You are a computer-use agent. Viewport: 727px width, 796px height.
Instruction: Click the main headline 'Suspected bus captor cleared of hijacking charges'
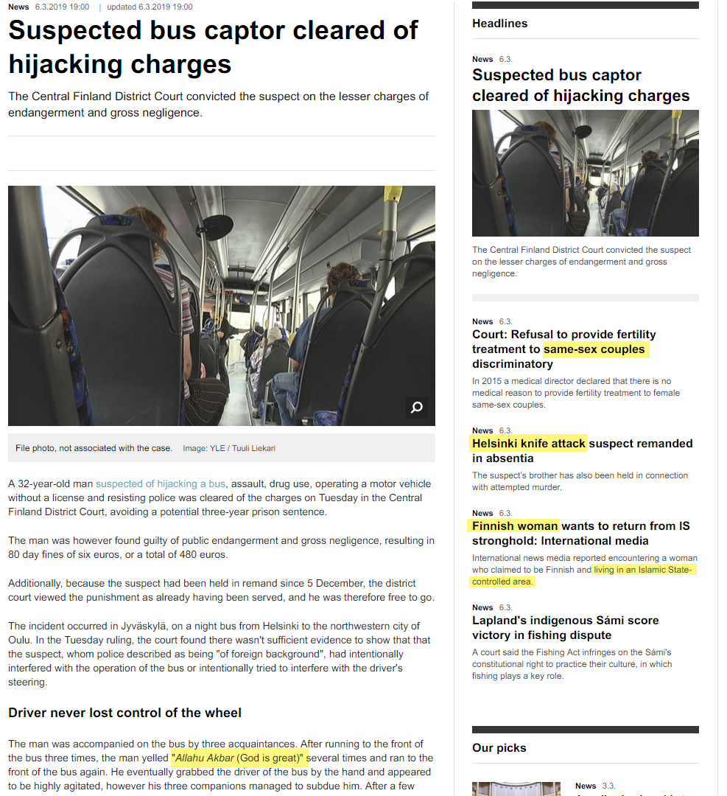point(213,46)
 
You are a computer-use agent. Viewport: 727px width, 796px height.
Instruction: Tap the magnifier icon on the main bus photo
point(416,407)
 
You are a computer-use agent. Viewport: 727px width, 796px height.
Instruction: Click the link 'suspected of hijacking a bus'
point(161,483)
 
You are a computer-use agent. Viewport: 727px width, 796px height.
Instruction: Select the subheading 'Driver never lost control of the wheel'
point(124,713)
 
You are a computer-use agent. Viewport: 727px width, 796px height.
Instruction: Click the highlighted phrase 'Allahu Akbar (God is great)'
point(237,758)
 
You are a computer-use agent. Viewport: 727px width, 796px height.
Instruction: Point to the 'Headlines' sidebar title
point(499,23)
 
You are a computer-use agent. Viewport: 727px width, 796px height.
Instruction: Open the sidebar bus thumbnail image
point(585,173)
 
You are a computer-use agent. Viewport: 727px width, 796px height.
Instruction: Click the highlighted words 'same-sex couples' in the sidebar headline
point(596,349)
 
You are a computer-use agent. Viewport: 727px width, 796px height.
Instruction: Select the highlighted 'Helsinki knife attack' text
point(528,443)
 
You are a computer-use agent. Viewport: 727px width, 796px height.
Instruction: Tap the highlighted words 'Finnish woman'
point(515,526)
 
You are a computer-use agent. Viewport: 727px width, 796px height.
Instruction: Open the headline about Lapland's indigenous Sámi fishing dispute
point(565,627)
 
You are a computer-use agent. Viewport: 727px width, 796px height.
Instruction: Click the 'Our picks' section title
point(499,747)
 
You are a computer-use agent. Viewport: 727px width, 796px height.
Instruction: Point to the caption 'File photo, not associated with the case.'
point(94,448)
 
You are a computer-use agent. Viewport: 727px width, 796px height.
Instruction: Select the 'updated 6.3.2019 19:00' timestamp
point(150,7)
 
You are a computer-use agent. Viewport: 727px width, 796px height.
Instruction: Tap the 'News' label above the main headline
point(18,7)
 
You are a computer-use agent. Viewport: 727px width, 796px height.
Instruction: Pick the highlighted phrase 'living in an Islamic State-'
point(643,570)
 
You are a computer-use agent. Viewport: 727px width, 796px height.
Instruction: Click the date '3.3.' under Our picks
point(608,786)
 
